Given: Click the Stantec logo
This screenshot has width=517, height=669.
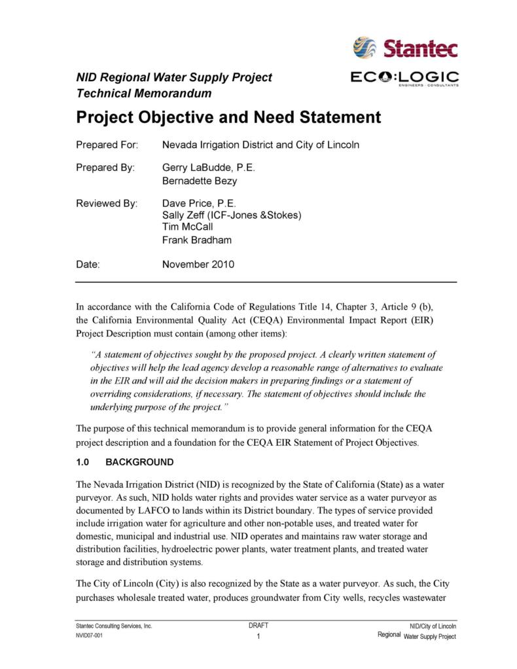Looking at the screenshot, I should (405, 47).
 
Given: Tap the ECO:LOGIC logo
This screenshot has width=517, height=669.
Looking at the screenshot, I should (404, 79).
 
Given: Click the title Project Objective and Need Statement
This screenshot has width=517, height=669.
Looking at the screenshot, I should (228, 118).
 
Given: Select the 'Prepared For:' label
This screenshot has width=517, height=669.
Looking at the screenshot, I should (107, 145).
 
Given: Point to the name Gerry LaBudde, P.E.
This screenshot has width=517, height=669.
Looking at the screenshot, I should (208, 168).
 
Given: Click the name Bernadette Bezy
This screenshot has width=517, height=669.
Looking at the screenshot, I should (200, 181).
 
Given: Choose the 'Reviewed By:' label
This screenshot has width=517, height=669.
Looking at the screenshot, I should (107, 203).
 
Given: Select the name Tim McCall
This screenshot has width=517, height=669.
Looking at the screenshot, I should (187, 227).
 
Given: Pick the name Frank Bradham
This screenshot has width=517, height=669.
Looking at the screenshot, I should (197, 240).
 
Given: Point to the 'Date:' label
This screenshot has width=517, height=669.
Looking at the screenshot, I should (88, 265).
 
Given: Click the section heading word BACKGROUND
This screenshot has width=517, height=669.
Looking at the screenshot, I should (139, 462).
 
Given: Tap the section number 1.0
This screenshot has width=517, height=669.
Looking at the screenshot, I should (82, 462).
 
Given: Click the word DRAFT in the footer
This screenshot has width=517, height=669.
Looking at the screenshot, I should (258, 626).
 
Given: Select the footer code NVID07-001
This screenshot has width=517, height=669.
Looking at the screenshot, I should (89, 636).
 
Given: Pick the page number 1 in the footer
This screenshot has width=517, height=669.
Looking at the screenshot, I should (259, 636).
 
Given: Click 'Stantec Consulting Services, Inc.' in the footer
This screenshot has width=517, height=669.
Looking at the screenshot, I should (114, 626).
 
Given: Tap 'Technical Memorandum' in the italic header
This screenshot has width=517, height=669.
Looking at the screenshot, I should (144, 94).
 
